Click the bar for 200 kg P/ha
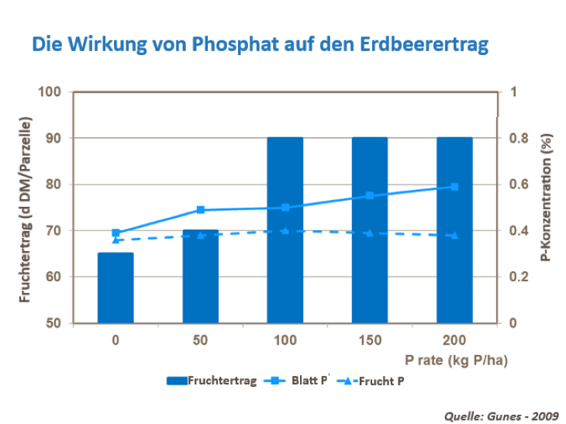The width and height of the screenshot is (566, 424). click(x=454, y=264)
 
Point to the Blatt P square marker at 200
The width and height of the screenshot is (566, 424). click(x=454, y=187)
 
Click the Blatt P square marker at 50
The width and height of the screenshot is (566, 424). click(x=200, y=210)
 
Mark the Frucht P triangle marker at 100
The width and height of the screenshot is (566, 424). click(x=285, y=231)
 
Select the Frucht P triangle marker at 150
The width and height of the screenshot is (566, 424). click(x=370, y=233)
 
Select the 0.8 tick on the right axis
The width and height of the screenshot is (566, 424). click(x=514, y=139)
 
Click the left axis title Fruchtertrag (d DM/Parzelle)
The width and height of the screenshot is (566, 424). click(x=25, y=209)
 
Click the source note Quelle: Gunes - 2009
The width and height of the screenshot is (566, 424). click(x=501, y=415)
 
